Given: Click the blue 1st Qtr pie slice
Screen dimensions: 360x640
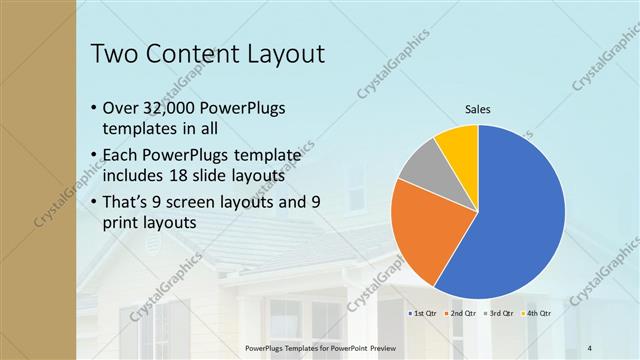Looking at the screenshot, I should pos(520,220).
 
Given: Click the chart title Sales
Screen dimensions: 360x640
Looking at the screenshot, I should pos(478,110).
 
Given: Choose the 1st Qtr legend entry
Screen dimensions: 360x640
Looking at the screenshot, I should pos(423,313).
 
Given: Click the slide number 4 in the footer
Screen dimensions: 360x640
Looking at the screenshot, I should pos(590,346).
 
